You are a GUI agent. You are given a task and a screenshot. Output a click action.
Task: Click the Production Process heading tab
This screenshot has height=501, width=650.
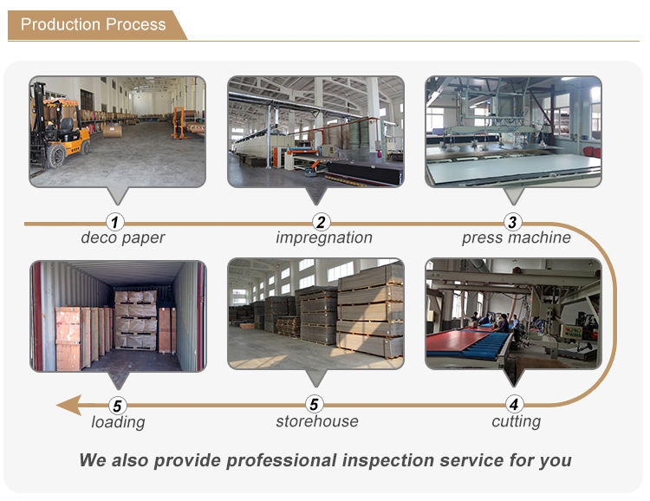(x=94, y=24)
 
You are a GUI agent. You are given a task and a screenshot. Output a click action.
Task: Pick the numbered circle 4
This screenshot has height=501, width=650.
(x=514, y=404)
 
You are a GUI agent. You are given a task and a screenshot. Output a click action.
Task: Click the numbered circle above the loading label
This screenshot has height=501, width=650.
(x=117, y=404)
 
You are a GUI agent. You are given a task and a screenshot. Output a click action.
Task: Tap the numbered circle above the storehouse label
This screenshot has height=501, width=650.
(x=315, y=404)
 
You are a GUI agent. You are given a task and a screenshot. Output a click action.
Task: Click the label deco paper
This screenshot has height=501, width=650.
(x=122, y=238)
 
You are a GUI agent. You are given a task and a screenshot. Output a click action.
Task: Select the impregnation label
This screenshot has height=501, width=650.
(x=324, y=238)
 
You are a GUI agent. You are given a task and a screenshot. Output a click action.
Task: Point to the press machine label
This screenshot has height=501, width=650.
(x=516, y=238)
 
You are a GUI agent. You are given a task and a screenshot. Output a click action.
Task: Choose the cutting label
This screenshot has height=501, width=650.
(x=516, y=422)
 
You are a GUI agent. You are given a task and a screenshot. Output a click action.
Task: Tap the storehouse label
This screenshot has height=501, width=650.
(x=316, y=422)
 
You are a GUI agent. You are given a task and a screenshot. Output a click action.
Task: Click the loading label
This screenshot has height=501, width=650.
(x=118, y=423)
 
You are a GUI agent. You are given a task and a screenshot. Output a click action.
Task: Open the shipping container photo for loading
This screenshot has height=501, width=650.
(x=118, y=316)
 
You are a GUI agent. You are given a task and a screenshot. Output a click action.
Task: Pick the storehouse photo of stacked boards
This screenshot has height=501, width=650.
(x=315, y=316)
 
